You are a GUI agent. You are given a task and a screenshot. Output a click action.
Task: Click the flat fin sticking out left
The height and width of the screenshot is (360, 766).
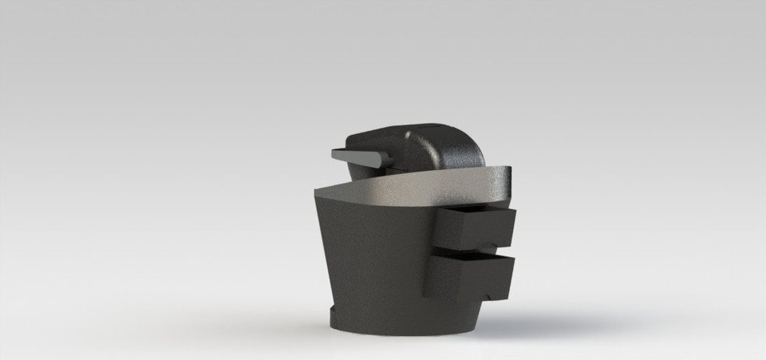[360, 156]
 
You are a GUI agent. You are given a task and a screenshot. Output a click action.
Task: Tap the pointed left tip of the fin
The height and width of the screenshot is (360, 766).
[332, 151]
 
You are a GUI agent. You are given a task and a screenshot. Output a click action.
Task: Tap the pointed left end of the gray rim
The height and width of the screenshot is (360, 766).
[317, 193]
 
